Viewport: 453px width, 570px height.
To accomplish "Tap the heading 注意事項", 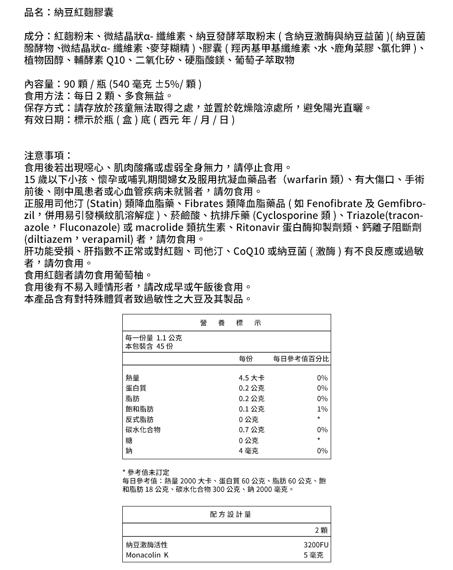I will tap(47, 156).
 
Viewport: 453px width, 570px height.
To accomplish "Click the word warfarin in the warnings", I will tap(307, 180).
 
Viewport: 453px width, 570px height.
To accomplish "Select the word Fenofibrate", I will tap(334, 203).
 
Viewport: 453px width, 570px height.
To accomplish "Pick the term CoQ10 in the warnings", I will tap(249, 251).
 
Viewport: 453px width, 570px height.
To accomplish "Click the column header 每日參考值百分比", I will tap(301, 359).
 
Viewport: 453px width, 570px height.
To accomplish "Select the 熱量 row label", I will tap(132, 378).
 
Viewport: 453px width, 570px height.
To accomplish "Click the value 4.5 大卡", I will tap(251, 378).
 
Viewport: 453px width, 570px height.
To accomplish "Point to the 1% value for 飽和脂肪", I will tap(323, 409).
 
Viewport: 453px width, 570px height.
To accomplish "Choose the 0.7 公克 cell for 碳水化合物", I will tap(251, 430).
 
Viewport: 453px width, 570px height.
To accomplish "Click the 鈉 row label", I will tap(129, 451).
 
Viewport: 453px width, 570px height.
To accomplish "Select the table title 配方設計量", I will tap(231, 515).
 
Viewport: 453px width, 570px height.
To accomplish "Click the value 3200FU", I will tap(316, 545).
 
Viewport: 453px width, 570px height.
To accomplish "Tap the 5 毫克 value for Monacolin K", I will tap(313, 555).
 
